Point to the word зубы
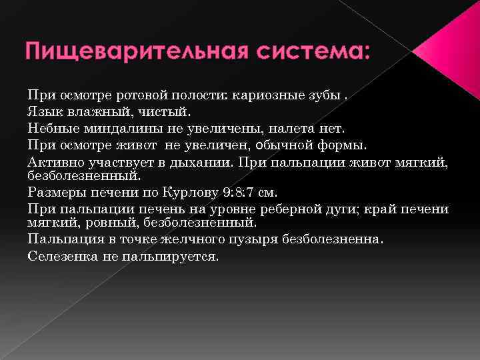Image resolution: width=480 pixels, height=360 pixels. (x=320, y=94)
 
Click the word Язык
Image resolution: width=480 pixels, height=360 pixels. (x=43, y=110)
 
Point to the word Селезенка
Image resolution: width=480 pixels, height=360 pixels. (x=61, y=255)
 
